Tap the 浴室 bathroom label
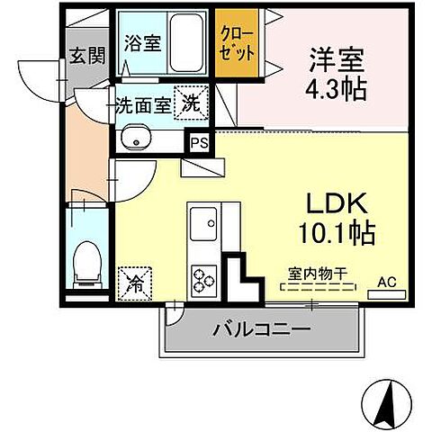[142, 42]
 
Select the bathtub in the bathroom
[186, 43]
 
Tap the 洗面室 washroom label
[141, 104]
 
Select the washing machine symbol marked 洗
[192, 103]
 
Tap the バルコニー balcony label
[261, 331]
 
